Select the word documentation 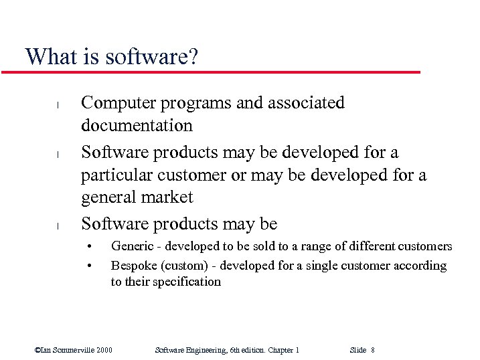pos(137,126)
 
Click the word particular pos(114,175)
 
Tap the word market pos(169,197)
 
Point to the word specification pos(187,282)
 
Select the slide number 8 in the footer pos(372,350)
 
